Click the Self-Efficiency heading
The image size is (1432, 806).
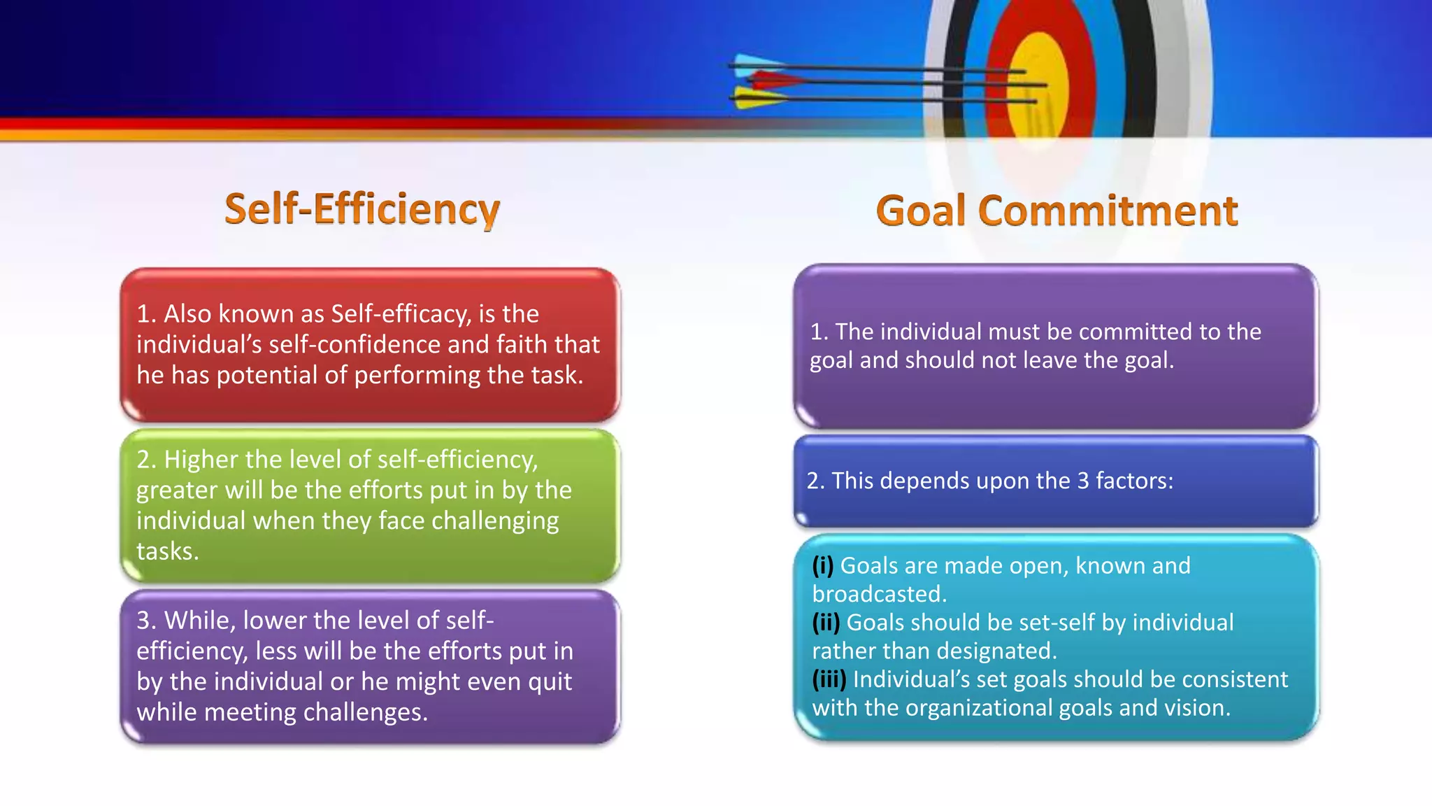362,209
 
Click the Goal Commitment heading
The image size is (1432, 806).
1057,211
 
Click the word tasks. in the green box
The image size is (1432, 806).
168,551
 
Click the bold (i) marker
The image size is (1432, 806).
823,565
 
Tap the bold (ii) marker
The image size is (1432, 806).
826,623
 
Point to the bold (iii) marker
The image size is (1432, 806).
829,679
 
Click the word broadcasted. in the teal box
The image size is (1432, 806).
879,594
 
